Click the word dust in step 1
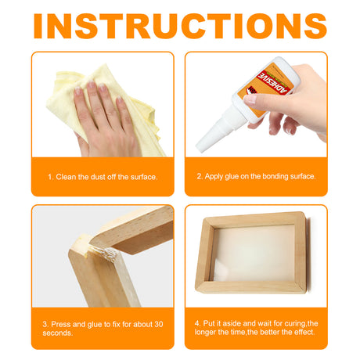[x=99, y=177]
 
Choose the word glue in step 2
[x=235, y=177]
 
